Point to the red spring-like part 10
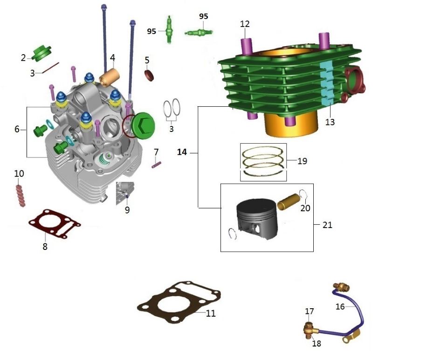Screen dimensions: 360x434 tap(20, 195)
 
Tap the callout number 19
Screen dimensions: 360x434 tap(302, 161)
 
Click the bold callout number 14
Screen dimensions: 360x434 tap(182, 152)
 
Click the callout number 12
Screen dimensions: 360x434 tap(245, 24)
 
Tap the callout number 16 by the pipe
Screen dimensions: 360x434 tap(340, 306)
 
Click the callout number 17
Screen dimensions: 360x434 tap(310, 311)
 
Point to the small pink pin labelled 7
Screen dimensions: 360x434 tap(157, 164)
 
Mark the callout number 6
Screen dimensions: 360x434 tap(17, 129)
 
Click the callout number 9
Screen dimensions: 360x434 tap(127, 210)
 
